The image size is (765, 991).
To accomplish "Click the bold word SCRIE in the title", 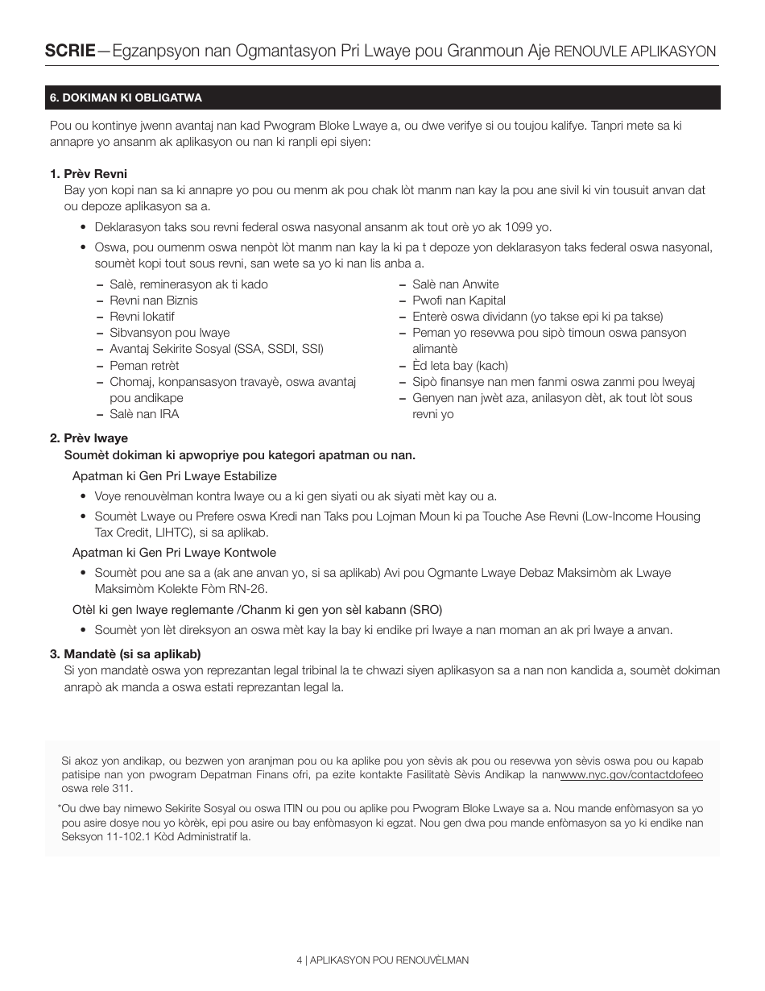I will click(x=69, y=51).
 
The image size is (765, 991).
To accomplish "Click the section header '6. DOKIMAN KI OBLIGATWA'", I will click(x=126, y=97).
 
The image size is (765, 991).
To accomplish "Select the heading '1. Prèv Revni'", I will click(x=89, y=174).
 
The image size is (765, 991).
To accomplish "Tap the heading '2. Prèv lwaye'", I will click(x=89, y=438).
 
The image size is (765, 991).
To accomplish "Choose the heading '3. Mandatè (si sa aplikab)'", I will click(x=125, y=653).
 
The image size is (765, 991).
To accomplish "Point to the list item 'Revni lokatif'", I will click(x=142, y=317).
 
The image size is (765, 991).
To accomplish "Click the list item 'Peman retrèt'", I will click(x=144, y=366).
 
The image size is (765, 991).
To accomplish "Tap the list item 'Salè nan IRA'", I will click(x=144, y=414).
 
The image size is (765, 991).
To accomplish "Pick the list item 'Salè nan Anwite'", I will click(x=455, y=284).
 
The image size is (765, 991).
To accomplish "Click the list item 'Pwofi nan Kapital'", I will click(x=459, y=301).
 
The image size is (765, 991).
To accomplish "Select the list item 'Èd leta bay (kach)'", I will click(x=460, y=366).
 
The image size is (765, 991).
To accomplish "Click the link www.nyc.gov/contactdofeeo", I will click(x=631, y=774).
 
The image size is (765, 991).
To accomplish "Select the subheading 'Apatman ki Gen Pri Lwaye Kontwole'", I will click(x=174, y=553).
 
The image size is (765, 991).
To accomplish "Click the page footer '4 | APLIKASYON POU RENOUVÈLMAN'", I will click(x=382, y=960).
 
